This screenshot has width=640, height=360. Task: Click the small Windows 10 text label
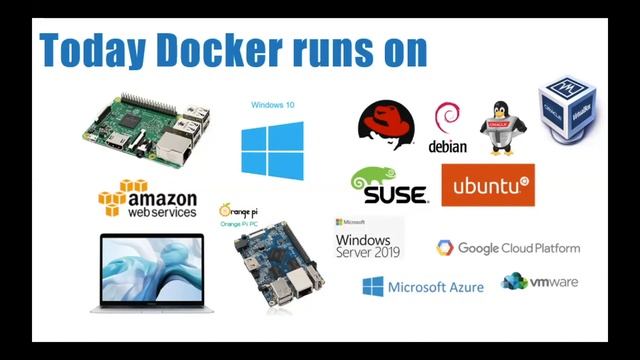[272, 105]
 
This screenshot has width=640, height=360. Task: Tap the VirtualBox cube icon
[568, 106]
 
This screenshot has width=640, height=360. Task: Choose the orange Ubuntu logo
[487, 185]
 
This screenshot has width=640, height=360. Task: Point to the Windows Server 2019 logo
[366, 239]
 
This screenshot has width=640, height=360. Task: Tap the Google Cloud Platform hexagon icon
[445, 248]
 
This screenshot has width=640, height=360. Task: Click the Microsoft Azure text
[435, 287]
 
